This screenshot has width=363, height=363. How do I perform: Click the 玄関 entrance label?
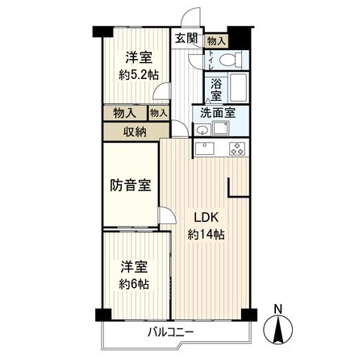click(185, 38)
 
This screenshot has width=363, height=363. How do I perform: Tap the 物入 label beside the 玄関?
click(215, 39)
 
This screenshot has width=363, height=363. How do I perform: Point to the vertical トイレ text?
click(210, 60)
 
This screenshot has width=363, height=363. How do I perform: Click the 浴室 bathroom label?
click(217, 88)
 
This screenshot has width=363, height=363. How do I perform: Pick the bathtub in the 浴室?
click(238, 87)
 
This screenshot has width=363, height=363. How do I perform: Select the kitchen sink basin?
click(205, 148)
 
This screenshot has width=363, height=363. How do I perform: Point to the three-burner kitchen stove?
click(237, 148)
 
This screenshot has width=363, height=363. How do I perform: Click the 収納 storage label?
click(135, 131)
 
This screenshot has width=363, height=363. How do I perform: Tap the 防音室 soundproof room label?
click(131, 186)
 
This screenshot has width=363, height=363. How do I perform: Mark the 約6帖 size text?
click(135, 284)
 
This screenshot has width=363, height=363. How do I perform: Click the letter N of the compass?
click(278, 307)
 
